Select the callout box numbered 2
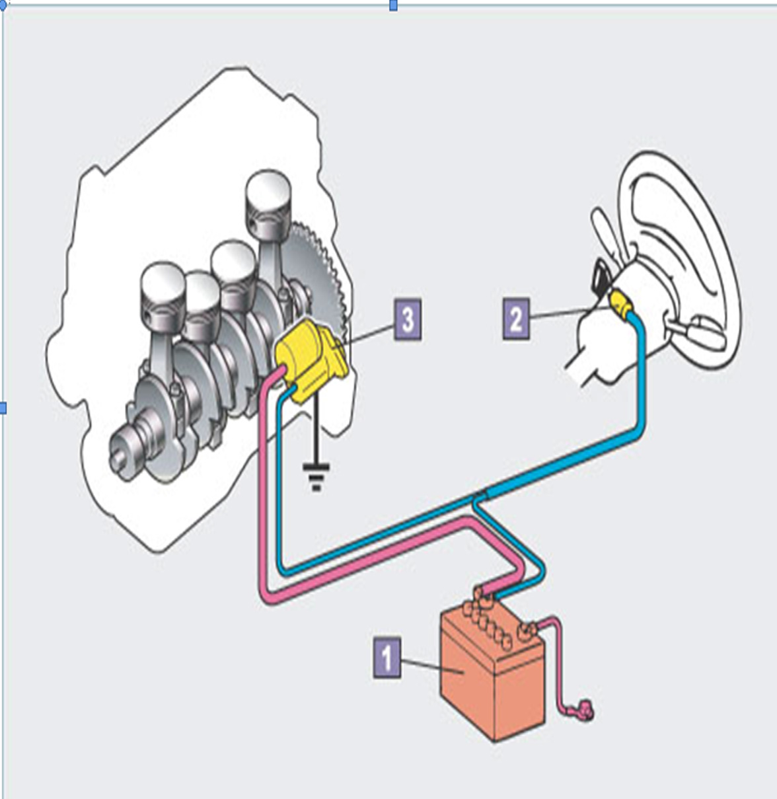(516, 320)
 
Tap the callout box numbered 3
(408, 320)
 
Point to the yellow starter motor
(309, 360)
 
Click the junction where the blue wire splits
(477, 499)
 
